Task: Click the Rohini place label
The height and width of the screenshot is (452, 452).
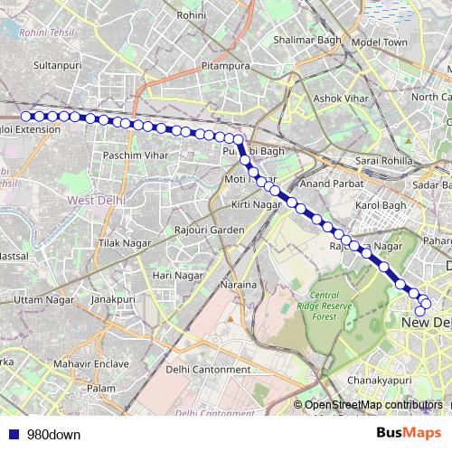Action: [x=192, y=15]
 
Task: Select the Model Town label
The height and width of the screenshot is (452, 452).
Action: [x=380, y=42]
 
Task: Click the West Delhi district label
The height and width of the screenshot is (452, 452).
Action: [x=89, y=199]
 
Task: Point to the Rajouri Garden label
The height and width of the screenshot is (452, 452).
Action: [x=210, y=230]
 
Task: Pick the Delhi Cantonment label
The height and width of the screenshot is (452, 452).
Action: [x=208, y=369]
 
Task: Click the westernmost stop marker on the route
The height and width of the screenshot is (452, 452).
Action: [x=26, y=116]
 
